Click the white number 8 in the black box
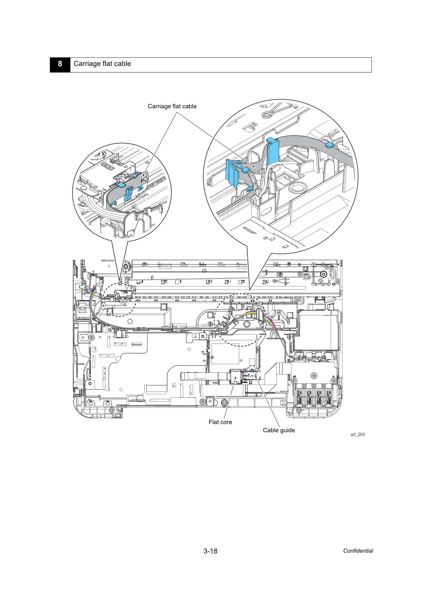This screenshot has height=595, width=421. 60,64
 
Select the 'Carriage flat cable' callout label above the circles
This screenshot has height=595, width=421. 172,106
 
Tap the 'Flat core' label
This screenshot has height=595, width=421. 220,422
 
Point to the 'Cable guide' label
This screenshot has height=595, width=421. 279,430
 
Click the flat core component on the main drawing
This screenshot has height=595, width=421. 236,376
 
